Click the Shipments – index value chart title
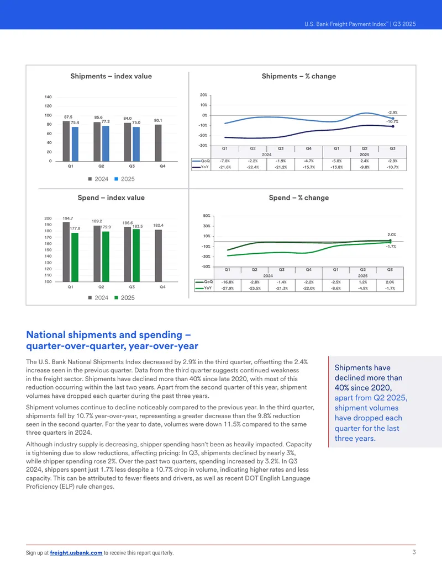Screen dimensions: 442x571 111,76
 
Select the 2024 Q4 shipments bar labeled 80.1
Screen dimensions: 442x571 158,143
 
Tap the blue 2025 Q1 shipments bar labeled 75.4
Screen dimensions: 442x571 75,144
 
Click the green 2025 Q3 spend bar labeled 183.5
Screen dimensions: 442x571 136,255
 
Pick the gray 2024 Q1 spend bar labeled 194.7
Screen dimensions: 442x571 66,252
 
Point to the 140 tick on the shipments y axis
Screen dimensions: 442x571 48,97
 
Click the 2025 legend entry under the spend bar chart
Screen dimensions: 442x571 124,297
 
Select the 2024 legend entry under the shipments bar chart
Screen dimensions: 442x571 98,179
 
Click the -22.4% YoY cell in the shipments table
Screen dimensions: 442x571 252,167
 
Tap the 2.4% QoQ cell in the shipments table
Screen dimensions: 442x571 364,161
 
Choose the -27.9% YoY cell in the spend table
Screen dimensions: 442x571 228,288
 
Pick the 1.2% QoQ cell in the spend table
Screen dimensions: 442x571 363,282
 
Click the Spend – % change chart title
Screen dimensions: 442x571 299,198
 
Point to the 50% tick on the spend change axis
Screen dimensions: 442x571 207,216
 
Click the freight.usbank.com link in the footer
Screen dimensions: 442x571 76,553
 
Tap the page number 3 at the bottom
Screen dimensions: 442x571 414,552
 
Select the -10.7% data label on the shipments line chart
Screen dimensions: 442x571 392,121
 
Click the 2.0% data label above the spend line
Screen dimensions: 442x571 391,234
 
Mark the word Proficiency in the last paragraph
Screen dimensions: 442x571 41,487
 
